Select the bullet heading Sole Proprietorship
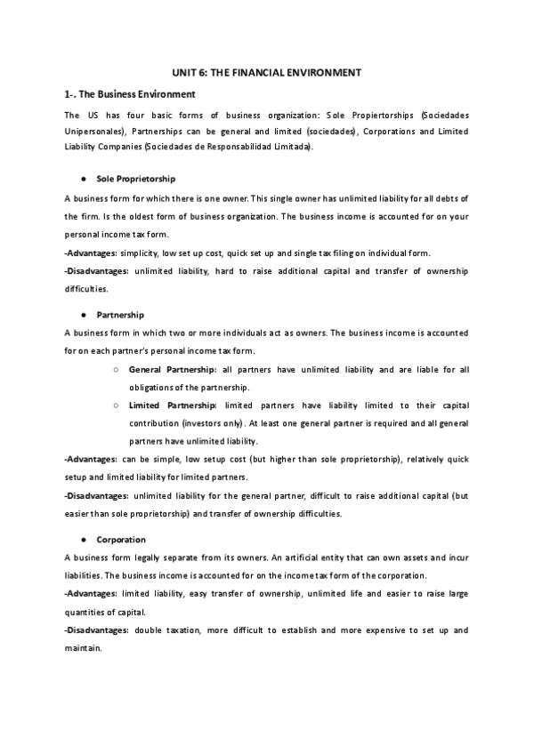136,179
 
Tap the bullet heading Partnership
120,315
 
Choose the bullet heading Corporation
121,540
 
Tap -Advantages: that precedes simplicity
91,253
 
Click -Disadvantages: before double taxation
97,630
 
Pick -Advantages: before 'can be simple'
91,460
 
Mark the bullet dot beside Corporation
83,540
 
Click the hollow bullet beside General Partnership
117,369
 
